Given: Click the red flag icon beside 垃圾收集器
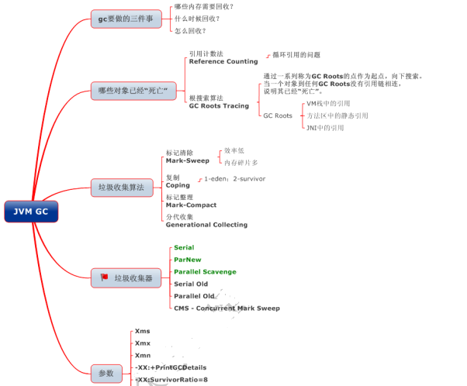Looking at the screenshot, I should click(x=104, y=277).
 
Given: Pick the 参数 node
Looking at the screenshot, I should click(x=106, y=373).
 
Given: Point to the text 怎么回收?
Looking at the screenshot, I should click(x=191, y=31).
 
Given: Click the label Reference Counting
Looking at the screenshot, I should click(x=223, y=61).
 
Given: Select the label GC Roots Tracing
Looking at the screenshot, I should click(x=219, y=105).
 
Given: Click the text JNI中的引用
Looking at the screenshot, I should click(x=325, y=127).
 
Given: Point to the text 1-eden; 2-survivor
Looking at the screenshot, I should click(x=234, y=178).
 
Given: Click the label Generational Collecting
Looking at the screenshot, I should click(x=206, y=225).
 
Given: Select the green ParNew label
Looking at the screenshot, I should click(x=188, y=260).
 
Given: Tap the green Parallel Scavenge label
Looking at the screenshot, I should click(x=205, y=272).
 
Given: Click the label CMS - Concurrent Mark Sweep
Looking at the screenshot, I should click(x=227, y=308).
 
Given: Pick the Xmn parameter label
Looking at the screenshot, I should click(x=143, y=354).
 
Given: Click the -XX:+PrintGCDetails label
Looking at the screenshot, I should click(x=171, y=367).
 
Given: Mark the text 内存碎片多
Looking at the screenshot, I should click(x=240, y=163).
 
